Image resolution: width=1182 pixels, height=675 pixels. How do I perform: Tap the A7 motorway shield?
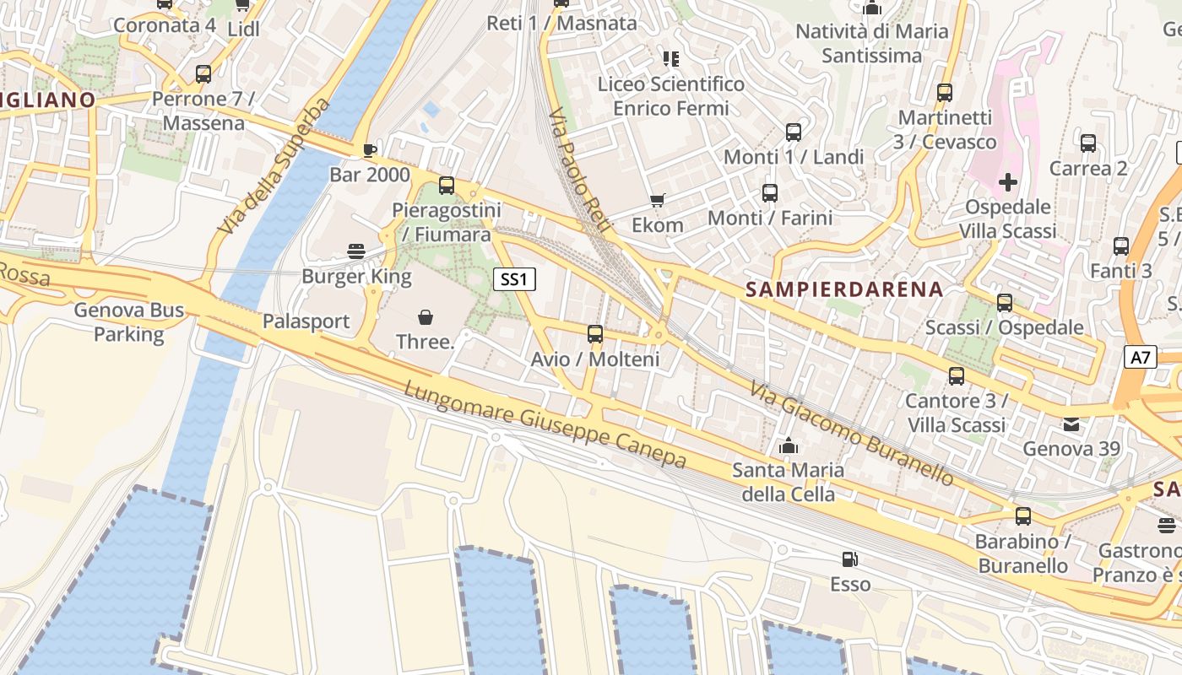click(1140, 357)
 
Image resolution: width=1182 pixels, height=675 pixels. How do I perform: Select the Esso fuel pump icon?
click(849, 559)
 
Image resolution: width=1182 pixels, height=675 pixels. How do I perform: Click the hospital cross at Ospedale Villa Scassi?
click(1008, 182)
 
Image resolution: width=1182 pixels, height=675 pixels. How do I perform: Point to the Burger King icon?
click(356, 251)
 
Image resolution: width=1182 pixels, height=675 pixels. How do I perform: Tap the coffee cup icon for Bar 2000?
click(369, 151)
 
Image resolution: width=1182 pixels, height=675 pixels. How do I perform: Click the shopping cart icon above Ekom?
click(657, 201)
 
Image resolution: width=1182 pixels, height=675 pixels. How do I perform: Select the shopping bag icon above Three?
click(426, 317)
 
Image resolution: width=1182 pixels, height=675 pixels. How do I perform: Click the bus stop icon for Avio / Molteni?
click(595, 334)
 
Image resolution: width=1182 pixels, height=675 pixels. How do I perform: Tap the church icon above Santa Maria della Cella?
click(789, 445)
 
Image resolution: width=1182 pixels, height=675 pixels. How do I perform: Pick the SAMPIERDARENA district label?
click(844, 289)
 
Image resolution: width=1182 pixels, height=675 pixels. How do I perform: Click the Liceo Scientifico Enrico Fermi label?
click(671, 96)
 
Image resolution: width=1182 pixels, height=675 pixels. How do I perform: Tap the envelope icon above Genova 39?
click(1071, 424)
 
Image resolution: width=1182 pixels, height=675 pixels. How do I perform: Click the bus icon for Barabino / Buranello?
click(1023, 516)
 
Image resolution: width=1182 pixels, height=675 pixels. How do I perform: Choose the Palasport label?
click(306, 321)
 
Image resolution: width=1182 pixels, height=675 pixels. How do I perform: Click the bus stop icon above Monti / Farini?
click(770, 193)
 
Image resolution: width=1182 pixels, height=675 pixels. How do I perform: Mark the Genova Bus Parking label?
click(129, 321)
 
